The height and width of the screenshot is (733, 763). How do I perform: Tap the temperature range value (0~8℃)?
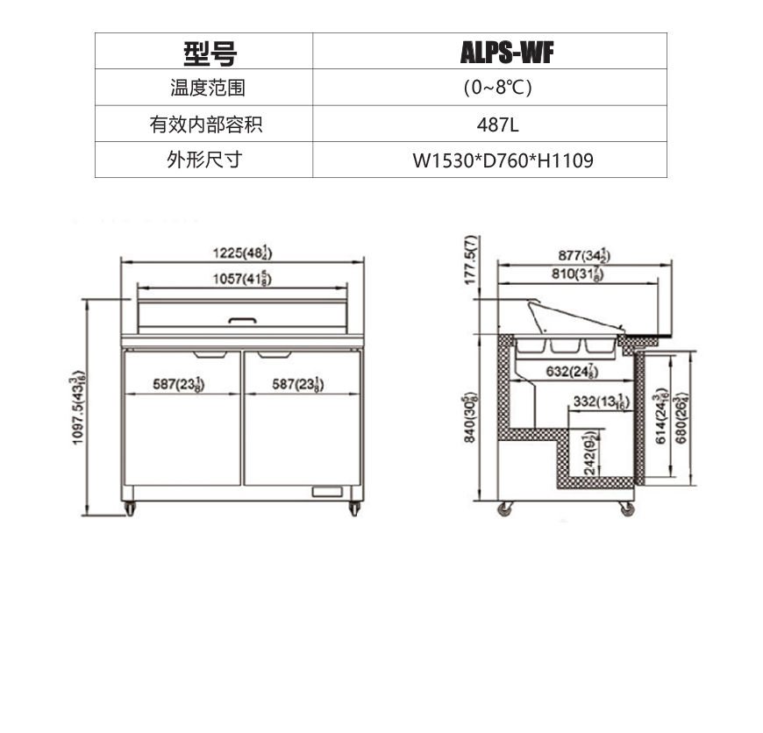pyautogui.click(x=498, y=88)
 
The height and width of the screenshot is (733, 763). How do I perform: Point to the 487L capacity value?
pyautogui.click(x=498, y=125)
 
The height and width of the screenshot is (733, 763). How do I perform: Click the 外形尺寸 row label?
pyautogui.click(x=205, y=160)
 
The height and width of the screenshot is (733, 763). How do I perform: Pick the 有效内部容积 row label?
pyautogui.click(x=205, y=125)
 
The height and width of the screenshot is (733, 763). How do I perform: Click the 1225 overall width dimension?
pyautogui.click(x=242, y=253)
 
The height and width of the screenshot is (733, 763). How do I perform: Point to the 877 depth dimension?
pyautogui.click(x=584, y=255)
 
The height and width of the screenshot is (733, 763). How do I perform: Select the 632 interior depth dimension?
pyautogui.click(x=573, y=372)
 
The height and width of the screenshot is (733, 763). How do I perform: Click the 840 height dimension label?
pyautogui.click(x=470, y=418)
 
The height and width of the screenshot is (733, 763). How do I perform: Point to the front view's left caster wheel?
pyautogui.click(x=130, y=509)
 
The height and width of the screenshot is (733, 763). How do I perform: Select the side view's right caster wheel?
pyautogui.click(x=626, y=509)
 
